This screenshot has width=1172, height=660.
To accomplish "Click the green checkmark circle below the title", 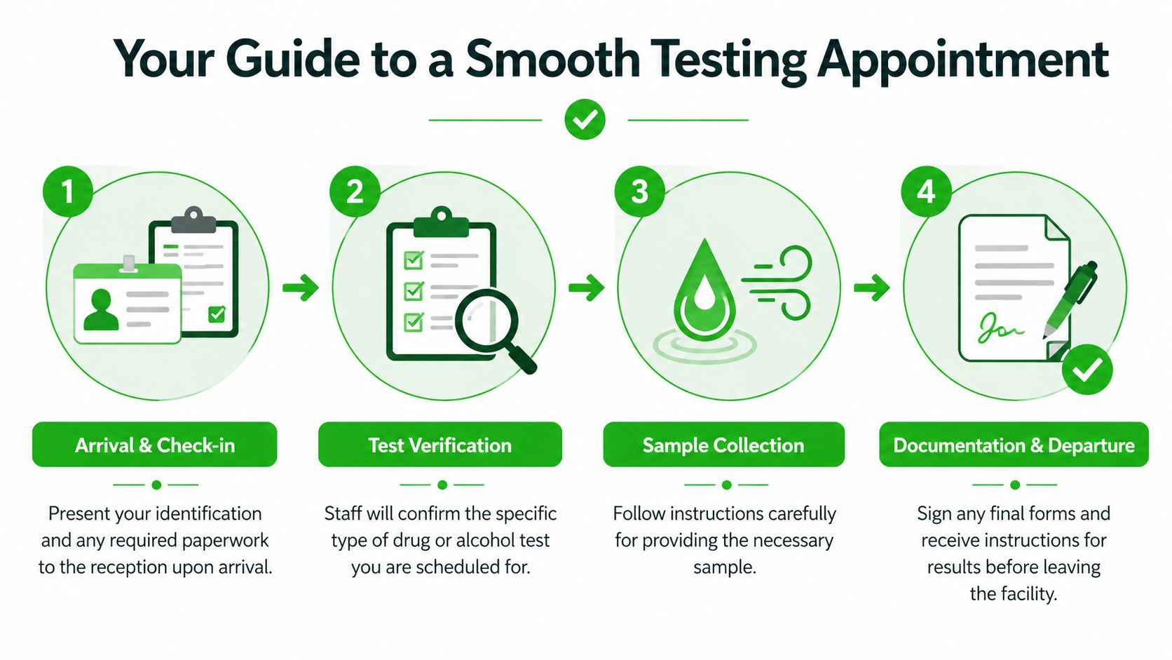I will pos(585,119).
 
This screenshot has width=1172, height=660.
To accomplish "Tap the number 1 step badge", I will pos(67,191).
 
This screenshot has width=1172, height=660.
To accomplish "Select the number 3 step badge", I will pos(639,191).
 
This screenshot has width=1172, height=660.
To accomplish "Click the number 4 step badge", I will pos(925,191).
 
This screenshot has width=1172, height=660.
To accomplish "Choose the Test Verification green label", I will pos(440,445).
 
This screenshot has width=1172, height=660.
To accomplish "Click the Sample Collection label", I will pos(723,445).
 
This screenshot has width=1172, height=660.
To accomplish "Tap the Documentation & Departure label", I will pos(1014,445).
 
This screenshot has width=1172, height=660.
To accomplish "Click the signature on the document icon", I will pos(1000,328).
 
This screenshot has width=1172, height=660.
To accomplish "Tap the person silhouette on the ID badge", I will pos(101,311).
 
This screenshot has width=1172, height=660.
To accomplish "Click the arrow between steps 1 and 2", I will pos(301,287).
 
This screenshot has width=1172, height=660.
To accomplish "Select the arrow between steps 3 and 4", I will pos(871,287).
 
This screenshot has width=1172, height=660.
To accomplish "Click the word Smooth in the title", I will pos(553,59).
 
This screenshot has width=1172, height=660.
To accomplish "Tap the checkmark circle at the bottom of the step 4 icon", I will pos(1086,369).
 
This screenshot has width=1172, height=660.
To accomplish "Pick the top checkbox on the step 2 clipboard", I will pos(414,260).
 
